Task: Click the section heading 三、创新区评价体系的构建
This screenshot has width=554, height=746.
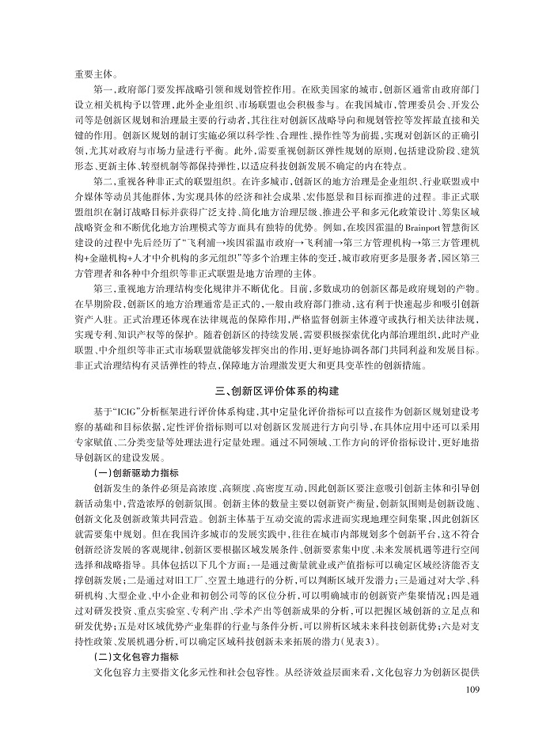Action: (x=276, y=391)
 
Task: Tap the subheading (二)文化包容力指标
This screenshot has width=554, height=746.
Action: (x=133, y=657)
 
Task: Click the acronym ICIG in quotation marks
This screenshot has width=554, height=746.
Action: (x=131, y=414)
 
